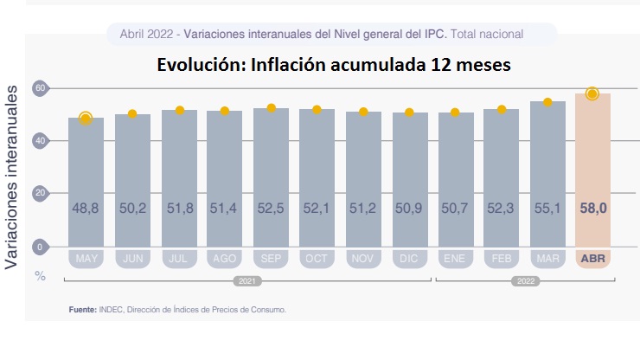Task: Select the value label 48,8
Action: (86, 209)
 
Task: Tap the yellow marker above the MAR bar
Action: (547, 102)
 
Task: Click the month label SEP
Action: (271, 258)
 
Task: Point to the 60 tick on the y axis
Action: (39, 88)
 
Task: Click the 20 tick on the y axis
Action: (39, 194)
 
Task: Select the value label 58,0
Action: (592, 209)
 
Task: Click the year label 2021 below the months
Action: (247, 281)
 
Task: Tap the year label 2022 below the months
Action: (525, 281)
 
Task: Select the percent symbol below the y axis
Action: (40, 276)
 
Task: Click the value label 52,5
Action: (271, 209)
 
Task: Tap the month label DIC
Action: (409, 258)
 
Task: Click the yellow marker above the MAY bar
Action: (85, 119)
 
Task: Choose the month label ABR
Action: (592, 258)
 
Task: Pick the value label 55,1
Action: (547, 209)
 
